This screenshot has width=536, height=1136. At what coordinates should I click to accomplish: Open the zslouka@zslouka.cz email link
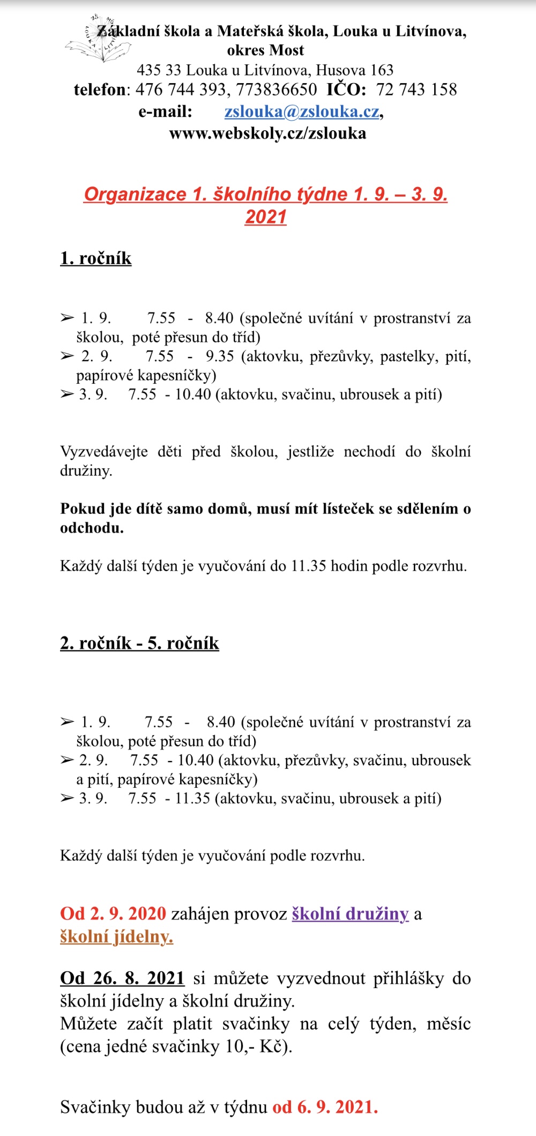tap(302, 111)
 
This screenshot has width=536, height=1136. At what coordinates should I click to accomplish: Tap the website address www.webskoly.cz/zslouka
tap(267, 133)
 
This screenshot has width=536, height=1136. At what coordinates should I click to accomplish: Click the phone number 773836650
tap(277, 89)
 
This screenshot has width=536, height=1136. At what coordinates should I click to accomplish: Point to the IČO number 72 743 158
tap(416, 89)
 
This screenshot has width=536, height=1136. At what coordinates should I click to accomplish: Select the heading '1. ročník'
tap(96, 258)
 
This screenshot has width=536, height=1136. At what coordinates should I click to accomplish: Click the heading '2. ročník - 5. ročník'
tap(139, 643)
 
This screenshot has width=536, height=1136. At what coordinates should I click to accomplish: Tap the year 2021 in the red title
tap(266, 217)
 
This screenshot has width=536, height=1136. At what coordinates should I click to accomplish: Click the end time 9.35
tap(220, 356)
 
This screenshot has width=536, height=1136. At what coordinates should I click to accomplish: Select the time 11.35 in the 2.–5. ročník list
tap(192, 798)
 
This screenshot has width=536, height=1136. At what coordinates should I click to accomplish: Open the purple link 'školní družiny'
tap(350, 914)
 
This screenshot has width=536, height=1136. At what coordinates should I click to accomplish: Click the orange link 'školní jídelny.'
tap(116, 937)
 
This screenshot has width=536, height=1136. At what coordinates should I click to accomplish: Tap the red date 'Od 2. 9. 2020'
tap(113, 914)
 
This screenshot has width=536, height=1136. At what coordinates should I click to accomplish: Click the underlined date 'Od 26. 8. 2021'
tap(122, 978)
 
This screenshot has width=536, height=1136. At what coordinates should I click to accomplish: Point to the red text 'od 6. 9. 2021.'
tap(325, 1107)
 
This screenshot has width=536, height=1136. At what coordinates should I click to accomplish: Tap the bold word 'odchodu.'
tap(92, 528)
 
